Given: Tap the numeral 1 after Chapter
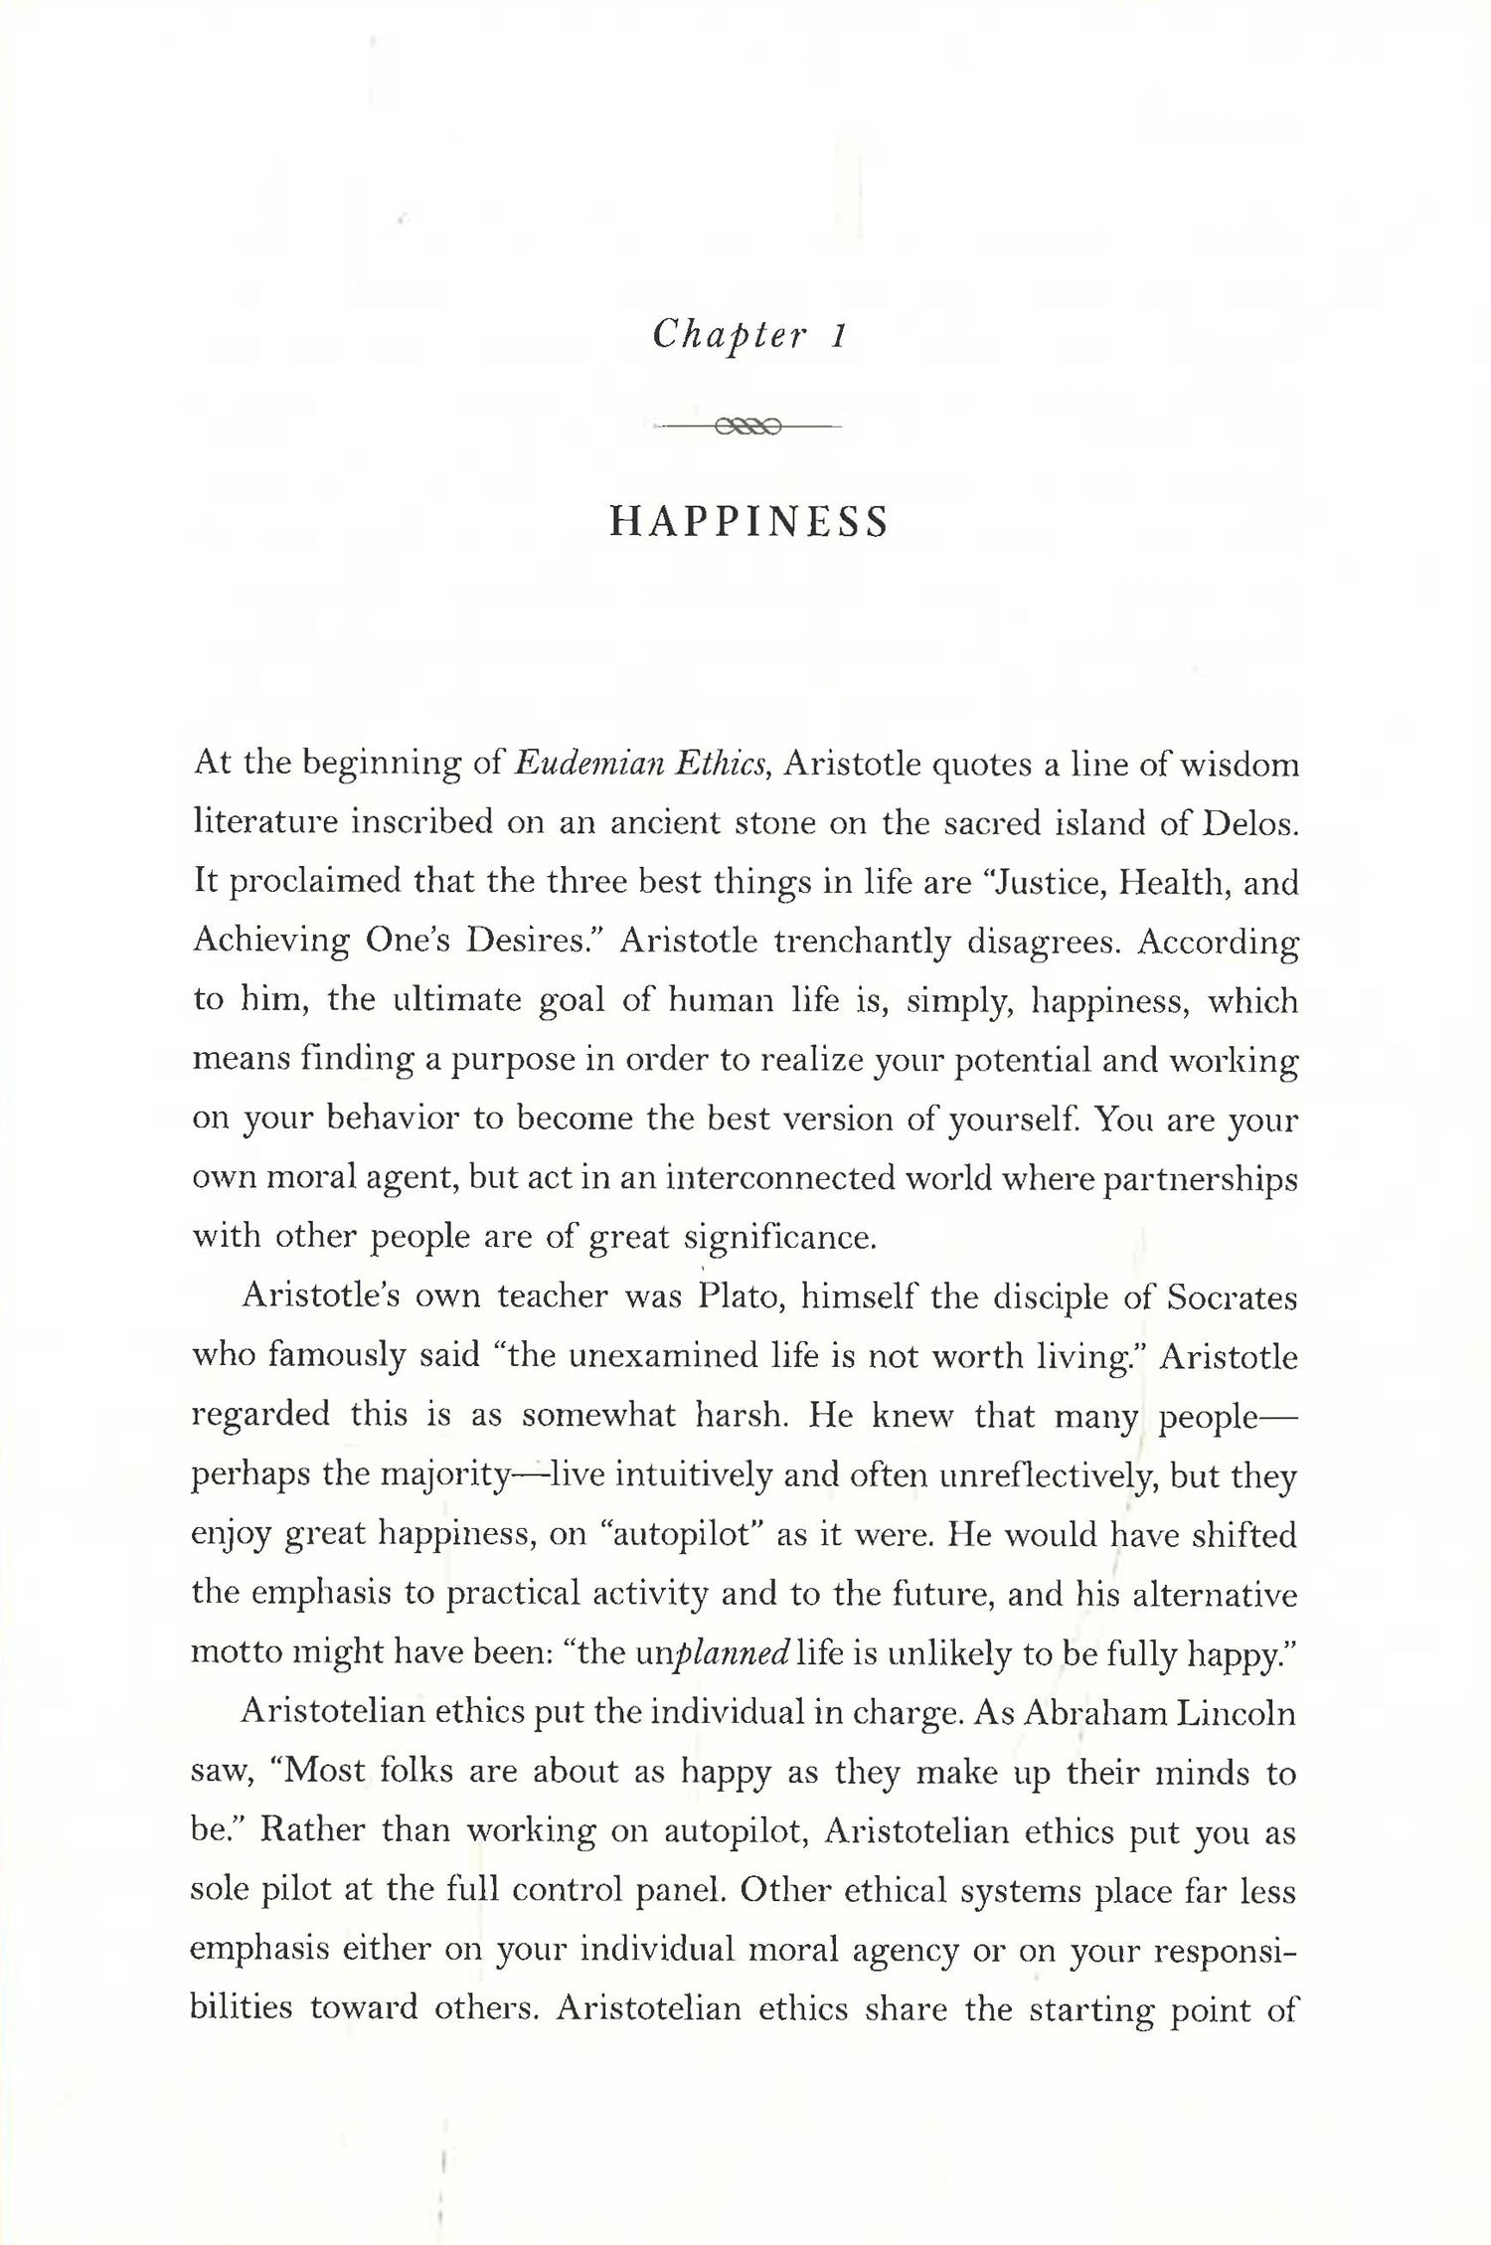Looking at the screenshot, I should point(837,335).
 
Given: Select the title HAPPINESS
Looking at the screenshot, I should point(747,522).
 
